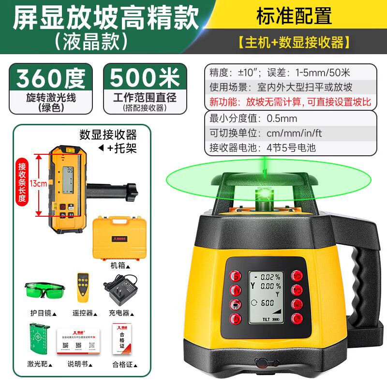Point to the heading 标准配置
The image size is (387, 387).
click(294, 16)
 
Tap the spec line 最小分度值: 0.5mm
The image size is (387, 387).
click(253, 118)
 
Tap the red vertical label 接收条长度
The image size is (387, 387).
click(22, 184)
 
